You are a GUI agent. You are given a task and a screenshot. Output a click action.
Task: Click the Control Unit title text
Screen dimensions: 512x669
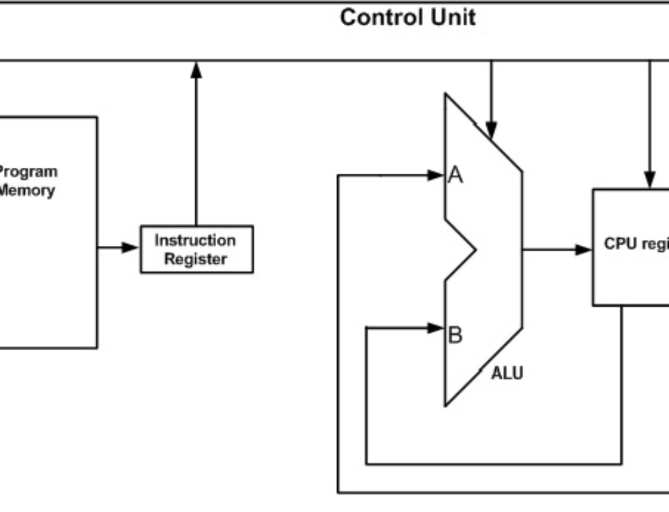(407, 17)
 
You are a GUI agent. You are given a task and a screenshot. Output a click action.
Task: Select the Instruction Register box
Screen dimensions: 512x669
(196, 249)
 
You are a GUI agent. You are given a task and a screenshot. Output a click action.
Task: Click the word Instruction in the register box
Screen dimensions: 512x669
(195, 240)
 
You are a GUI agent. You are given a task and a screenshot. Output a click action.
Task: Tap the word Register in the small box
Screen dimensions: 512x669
(195, 259)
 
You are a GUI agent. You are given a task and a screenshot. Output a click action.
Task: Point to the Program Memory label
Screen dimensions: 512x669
(27, 180)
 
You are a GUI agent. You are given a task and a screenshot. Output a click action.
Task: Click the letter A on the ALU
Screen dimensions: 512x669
(456, 176)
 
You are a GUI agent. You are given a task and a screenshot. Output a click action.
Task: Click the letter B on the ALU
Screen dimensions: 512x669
(455, 335)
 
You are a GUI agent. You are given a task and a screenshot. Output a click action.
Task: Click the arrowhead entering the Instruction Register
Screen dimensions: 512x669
(131, 248)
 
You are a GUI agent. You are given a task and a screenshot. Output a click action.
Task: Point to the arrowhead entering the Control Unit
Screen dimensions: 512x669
(196, 69)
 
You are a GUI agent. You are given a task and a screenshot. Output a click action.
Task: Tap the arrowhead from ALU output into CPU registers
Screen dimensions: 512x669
(584, 250)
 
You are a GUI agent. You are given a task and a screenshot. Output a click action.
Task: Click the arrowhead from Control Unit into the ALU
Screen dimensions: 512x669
(491, 130)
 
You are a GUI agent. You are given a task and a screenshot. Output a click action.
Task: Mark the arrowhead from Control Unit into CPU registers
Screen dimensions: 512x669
(649, 179)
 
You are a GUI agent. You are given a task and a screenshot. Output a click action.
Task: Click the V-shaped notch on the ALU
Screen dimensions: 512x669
(468, 251)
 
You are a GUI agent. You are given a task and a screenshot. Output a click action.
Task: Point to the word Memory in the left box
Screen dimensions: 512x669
(27, 190)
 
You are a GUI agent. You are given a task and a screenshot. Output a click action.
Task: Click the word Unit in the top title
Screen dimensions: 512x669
(453, 17)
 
